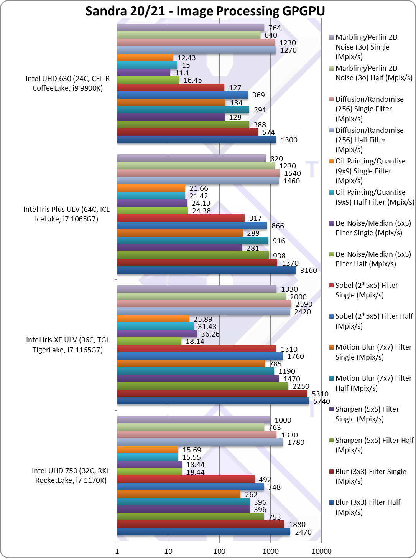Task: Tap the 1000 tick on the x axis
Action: pos(270,551)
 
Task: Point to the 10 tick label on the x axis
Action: pos(168,551)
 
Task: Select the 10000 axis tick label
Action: pos(321,551)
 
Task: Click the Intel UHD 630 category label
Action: pos(67,83)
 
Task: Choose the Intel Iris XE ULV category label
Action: pos(67,345)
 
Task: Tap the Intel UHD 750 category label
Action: pos(71,475)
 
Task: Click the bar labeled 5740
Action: pos(213,401)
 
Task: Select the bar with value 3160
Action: pos(206,270)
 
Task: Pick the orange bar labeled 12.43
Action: pos(145,58)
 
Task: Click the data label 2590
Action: pos(304,304)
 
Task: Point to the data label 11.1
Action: pos(182,73)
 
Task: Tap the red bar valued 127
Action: pos(171,87)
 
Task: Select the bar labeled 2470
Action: pos(204,532)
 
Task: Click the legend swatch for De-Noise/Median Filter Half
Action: pos(331,254)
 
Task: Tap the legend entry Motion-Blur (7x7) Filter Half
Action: pos(370,383)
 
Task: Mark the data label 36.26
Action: pos(210,334)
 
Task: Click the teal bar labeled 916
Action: pos(193,241)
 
